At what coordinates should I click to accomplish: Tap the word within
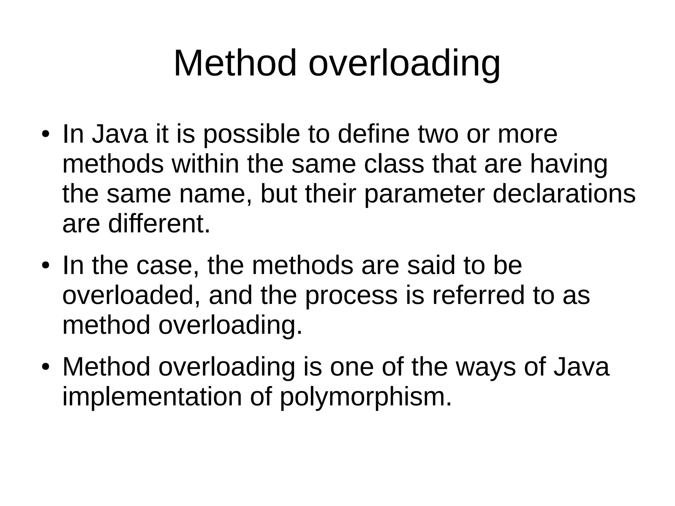click(x=205, y=164)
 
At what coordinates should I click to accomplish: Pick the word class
click(x=394, y=164)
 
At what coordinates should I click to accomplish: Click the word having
click(x=569, y=165)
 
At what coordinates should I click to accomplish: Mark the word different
click(x=159, y=224)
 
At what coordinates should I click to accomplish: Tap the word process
click(x=351, y=296)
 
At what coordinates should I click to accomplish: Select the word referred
click(x=478, y=295)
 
